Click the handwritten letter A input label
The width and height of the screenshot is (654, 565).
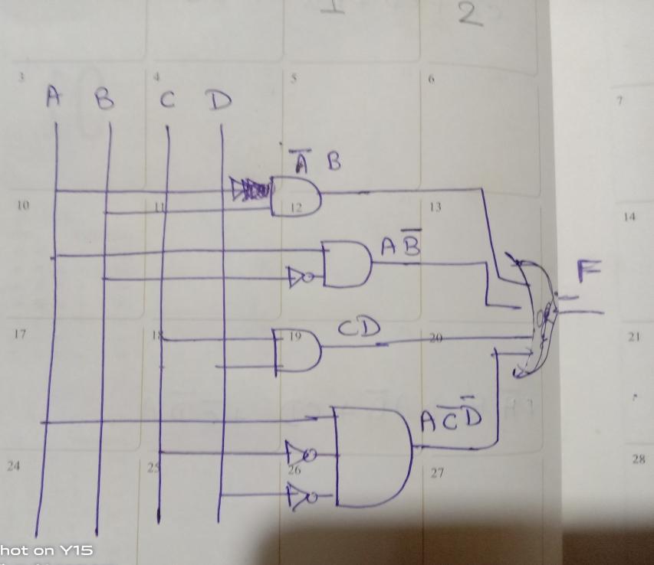point(52,96)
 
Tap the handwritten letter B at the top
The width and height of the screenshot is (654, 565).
point(104,100)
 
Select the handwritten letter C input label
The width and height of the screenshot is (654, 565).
point(167,100)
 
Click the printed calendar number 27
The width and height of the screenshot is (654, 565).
point(437,472)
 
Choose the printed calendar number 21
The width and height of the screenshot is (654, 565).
point(633,337)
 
